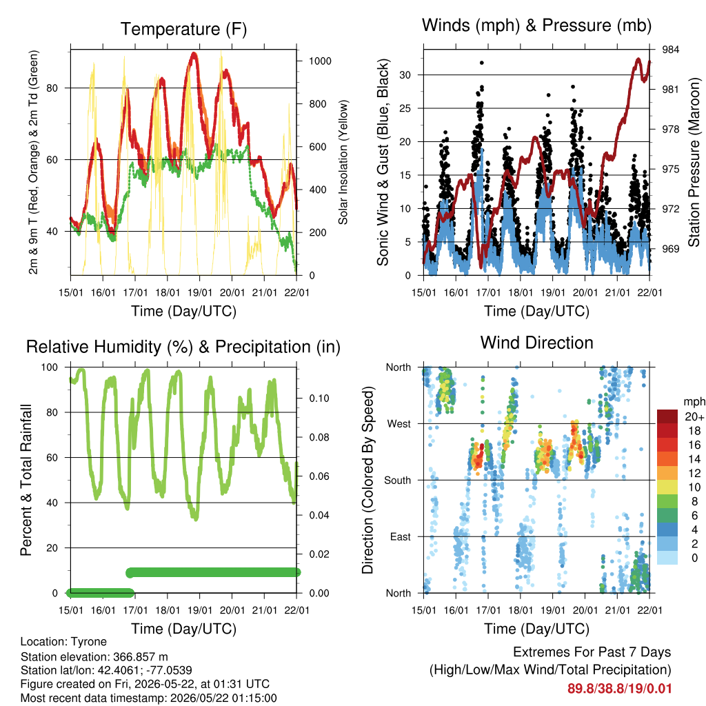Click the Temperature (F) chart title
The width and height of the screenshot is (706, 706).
pyautogui.click(x=183, y=29)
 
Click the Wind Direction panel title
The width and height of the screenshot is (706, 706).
pyautogui.click(x=536, y=343)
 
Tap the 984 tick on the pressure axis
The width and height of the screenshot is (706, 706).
pyautogui.click(x=670, y=50)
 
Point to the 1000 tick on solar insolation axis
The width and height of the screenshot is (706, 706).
pyautogui.click(x=320, y=61)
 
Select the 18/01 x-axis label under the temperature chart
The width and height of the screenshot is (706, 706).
pyautogui.click(x=168, y=292)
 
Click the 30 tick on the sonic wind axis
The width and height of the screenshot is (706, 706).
pyautogui.click(x=405, y=74)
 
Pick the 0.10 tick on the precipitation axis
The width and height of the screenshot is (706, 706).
pyautogui.click(x=319, y=399)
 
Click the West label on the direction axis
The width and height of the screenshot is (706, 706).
pyautogui.click(x=399, y=424)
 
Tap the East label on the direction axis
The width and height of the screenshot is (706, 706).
pyautogui.click(x=401, y=536)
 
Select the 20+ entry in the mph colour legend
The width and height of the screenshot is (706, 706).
pyautogui.click(x=695, y=417)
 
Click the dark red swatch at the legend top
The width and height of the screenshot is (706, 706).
pyautogui.click(x=667, y=416)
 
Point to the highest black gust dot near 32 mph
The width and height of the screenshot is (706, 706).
pyautogui.click(x=482, y=63)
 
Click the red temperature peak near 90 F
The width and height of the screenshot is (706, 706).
pyautogui.click(x=194, y=54)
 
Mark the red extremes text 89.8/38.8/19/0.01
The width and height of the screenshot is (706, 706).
pyautogui.click(x=620, y=689)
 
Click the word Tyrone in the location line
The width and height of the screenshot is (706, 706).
pyautogui.click(x=89, y=642)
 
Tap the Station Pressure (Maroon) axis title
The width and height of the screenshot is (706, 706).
pyautogui.click(x=694, y=162)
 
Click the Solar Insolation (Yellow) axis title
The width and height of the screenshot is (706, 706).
pyautogui.click(x=343, y=162)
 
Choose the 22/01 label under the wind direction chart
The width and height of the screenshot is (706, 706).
pyautogui.click(x=649, y=610)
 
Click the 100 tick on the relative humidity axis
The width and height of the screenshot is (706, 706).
pyautogui.click(x=50, y=367)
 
